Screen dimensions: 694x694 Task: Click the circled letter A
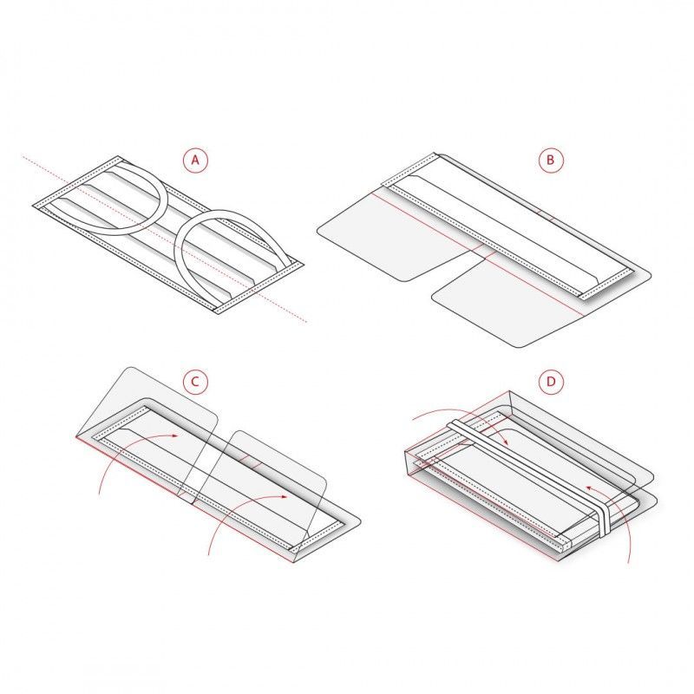pos(195,160)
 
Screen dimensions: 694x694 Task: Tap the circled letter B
pos(551,160)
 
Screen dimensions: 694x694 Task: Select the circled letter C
pos(195,382)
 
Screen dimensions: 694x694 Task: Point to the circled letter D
pos(551,382)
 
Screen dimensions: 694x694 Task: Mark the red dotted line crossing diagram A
pos(164,239)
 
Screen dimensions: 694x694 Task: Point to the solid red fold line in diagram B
pos(478,253)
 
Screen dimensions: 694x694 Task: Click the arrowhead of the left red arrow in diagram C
pos(176,436)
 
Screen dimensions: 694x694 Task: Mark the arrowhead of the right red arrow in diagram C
pos(285,496)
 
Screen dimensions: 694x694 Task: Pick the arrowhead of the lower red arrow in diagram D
pos(589,488)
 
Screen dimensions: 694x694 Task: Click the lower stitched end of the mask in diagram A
pos(259,288)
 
